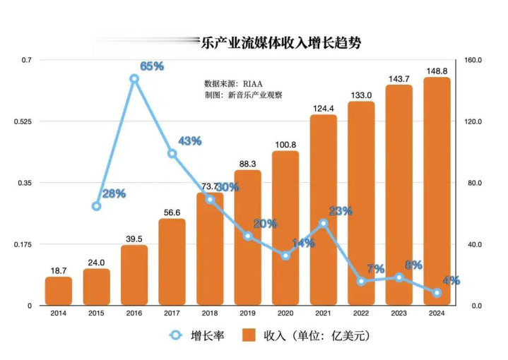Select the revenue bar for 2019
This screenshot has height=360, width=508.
pos(247,237)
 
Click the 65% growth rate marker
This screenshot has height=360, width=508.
pos(134,79)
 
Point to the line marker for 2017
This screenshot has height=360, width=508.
pos(172,153)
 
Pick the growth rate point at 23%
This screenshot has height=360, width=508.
pos(324,223)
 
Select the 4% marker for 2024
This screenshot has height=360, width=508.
pos(437,292)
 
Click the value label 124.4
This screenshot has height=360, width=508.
pos(323,107)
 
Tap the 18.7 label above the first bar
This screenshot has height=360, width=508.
pos(59,270)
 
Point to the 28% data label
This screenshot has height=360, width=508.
pos(114,193)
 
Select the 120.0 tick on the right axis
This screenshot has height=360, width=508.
pos(473,121)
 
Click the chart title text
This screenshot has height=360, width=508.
pos(280,42)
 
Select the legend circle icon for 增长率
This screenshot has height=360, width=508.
pos(175,336)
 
